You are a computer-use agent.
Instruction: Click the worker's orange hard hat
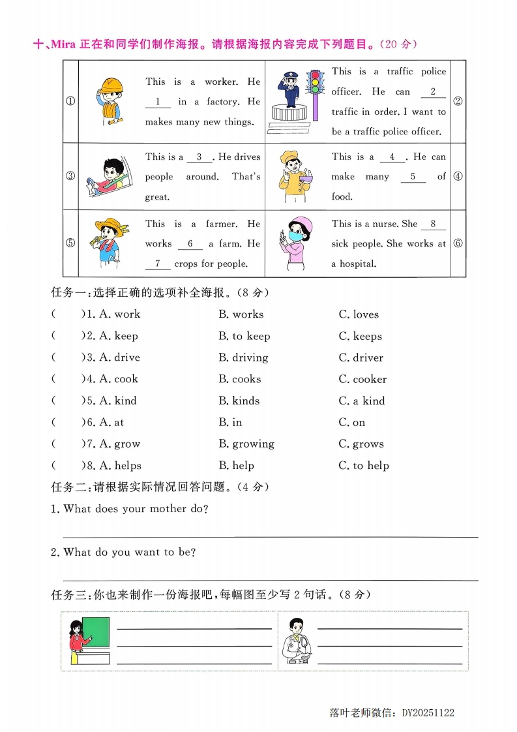tap(112, 84)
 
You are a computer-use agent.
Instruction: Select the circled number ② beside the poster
tap(458, 101)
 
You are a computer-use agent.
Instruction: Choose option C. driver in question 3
tap(361, 358)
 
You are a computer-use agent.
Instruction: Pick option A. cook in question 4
tap(119, 379)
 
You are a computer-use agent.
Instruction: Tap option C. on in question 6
tap(352, 423)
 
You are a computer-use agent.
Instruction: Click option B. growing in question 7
tap(246, 444)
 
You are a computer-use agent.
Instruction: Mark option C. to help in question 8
tap(364, 466)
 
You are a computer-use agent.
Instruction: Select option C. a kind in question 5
tap(362, 401)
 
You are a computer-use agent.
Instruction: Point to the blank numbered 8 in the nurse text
tap(433, 224)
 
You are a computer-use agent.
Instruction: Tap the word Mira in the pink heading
tap(63, 44)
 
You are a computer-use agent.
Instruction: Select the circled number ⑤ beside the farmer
tap(70, 243)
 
